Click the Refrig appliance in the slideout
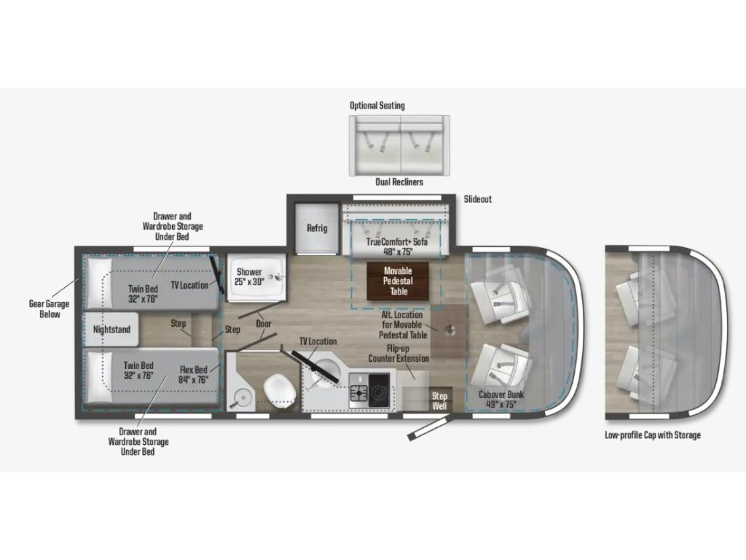(317, 228)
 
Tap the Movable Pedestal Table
(398, 281)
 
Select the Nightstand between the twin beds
(111, 329)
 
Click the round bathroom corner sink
(243, 397)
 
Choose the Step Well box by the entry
(439, 400)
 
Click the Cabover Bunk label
(501, 400)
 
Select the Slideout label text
(478, 199)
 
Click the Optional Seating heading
(377, 106)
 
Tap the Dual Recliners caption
(399, 182)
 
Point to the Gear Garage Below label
(50, 308)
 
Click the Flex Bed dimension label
(194, 375)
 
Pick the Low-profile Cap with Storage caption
(653, 435)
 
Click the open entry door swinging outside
(428, 428)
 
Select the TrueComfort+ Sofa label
(397, 246)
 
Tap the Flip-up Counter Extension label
(398, 354)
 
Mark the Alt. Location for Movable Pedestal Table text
(402, 324)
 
